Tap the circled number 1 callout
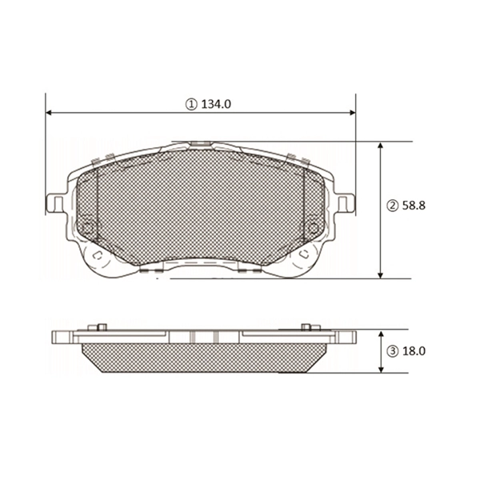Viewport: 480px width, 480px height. [x=191, y=104]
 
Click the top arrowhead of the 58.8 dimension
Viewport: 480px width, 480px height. [x=382, y=146]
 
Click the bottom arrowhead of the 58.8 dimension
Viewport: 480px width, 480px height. [x=382, y=274]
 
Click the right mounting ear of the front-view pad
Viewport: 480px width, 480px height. [x=345, y=203]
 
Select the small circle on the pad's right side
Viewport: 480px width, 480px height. [x=313, y=226]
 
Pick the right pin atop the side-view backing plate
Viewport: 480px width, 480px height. [x=306, y=326]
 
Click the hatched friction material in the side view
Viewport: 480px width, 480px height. [x=200, y=356]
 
